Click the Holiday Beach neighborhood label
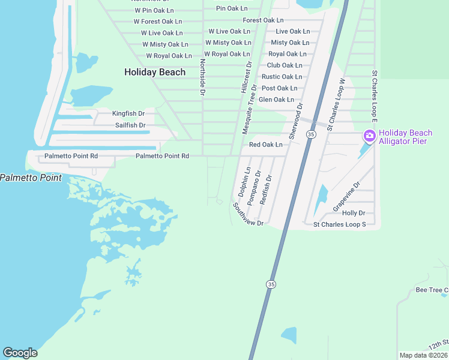pyautogui.click(x=155, y=72)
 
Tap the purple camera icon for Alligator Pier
pyautogui.click(x=369, y=136)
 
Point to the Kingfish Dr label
pyautogui.click(x=128, y=113)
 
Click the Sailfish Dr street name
pyautogui.click(x=130, y=125)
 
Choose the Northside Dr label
pyautogui.click(x=203, y=77)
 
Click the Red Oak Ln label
pyautogui.click(x=265, y=145)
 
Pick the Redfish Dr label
pyautogui.click(x=266, y=190)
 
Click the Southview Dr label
pyautogui.click(x=248, y=214)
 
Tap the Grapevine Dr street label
pyautogui.click(x=346, y=197)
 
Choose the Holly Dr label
pyautogui.click(x=353, y=213)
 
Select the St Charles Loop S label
pyautogui.click(x=340, y=224)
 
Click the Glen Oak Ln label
pyautogui.click(x=276, y=100)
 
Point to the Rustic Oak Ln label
pyautogui.click(x=282, y=77)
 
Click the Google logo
pyautogui.click(x=20, y=353)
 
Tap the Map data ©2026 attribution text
pyautogui.click(x=423, y=355)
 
